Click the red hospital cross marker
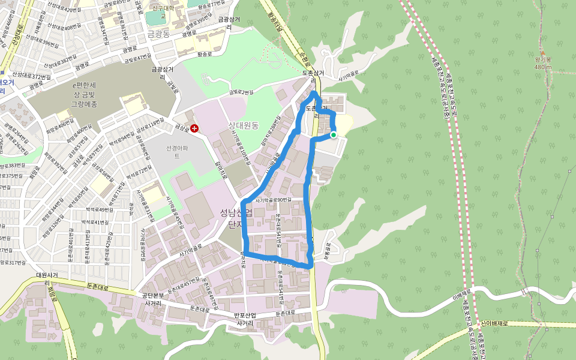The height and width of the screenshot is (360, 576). (x=194, y=129)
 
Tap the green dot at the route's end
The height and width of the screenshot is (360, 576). (x=334, y=135)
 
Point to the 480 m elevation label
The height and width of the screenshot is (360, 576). (x=542, y=67)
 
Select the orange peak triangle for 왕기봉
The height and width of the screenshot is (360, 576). (x=542, y=53)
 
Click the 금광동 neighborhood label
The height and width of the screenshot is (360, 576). (x=160, y=34)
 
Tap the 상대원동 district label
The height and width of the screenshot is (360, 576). (x=243, y=125)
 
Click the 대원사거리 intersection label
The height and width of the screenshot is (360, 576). (x=46, y=278)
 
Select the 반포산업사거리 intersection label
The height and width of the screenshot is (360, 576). (x=245, y=319)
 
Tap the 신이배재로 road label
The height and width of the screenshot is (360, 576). (x=494, y=323)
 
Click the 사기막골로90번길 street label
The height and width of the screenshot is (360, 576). (x=273, y=200)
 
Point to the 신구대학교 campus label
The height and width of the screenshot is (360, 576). (x=162, y=8)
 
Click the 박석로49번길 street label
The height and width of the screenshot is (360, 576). (x=100, y=210)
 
